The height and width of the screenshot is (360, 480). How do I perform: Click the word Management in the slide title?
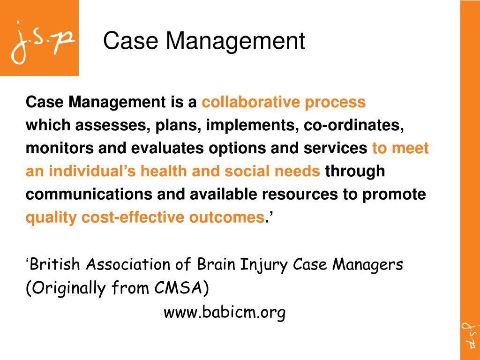(x=235, y=41)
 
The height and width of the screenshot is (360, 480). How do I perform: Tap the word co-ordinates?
(x=354, y=126)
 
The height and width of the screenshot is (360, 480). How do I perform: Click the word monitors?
(x=60, y=148)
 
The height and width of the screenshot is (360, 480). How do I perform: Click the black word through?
(x=355, y=171)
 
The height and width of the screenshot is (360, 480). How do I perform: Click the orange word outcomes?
(x=226, y=217)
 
